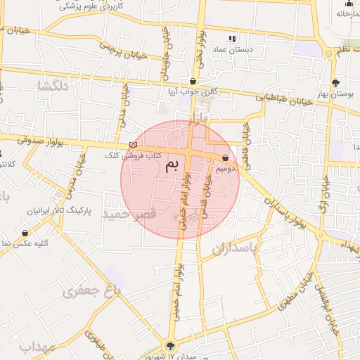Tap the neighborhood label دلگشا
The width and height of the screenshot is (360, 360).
[x=53, y=86]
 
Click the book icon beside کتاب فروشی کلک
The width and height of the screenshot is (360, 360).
[x=134, y=146]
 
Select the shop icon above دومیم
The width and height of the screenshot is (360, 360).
[x=225, y=158]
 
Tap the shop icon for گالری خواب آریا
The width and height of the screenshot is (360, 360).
[x=193, y=82]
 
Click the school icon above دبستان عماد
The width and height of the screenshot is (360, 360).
[x=232, y=39]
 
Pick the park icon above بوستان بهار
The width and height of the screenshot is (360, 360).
[x=335, y=82]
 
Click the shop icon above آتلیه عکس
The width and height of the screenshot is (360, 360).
[x=26, y=233]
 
